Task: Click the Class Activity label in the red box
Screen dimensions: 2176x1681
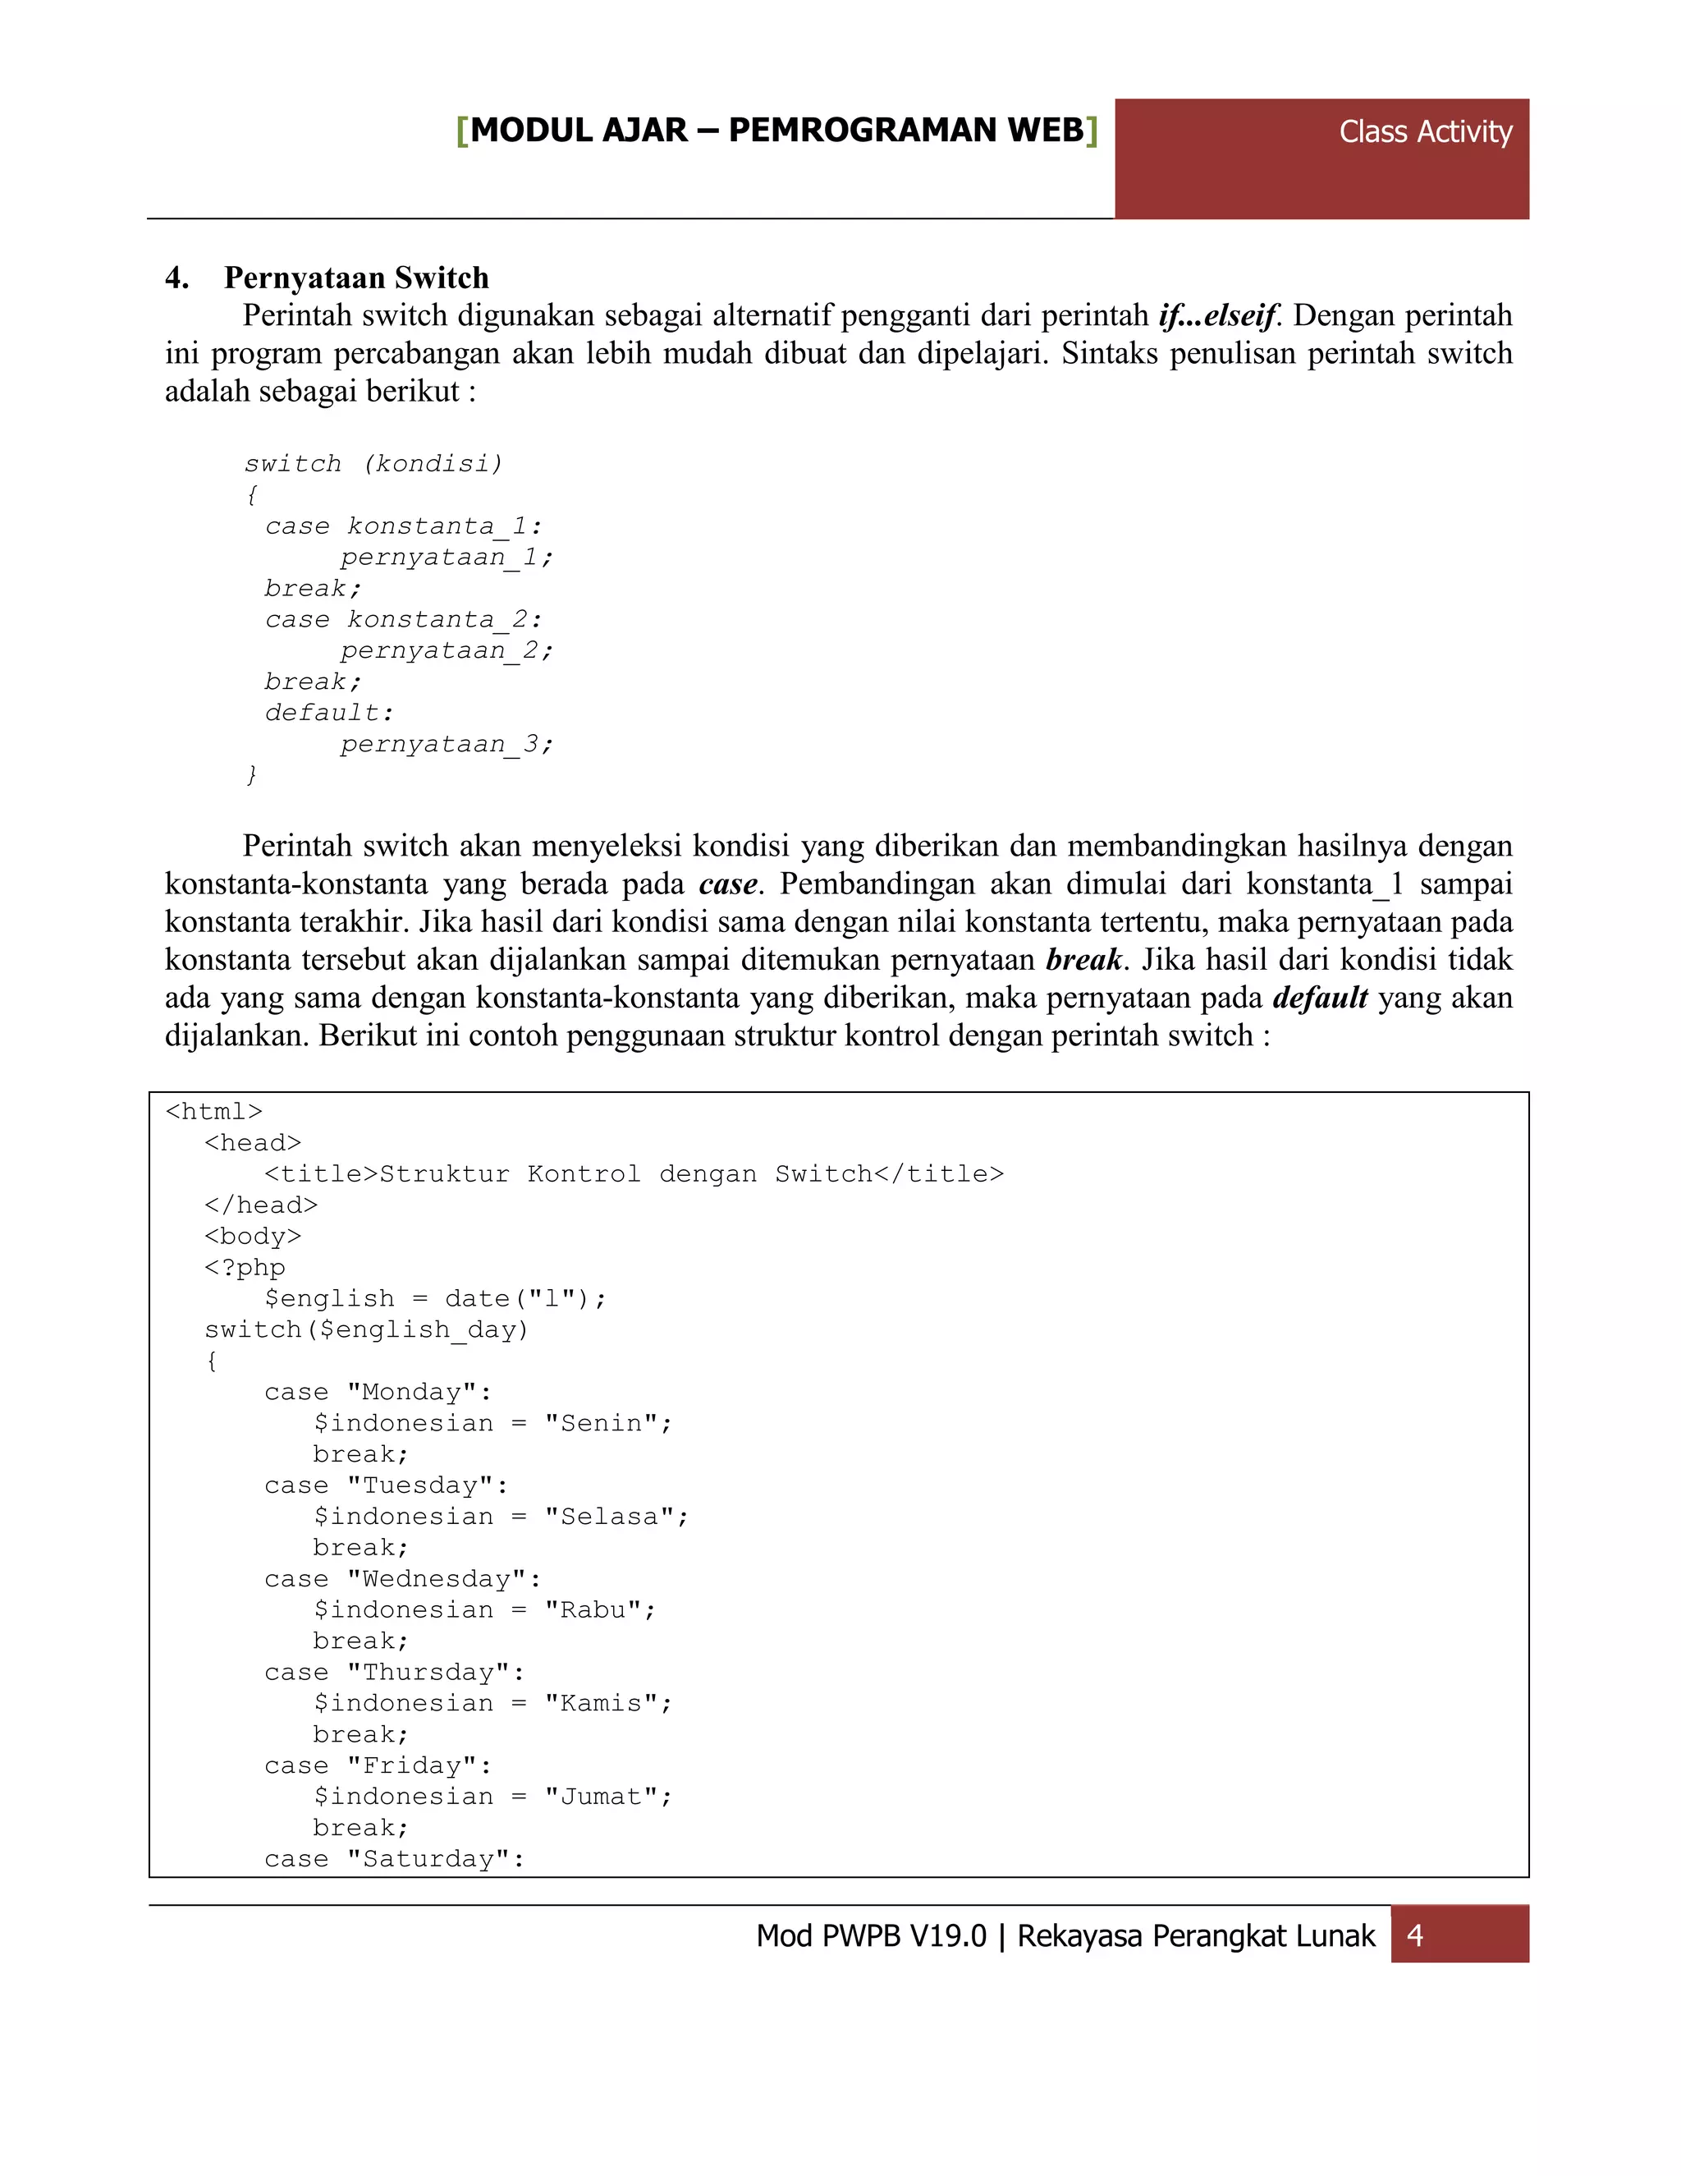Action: pos(1424,131)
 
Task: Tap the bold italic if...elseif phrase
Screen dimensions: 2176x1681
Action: pos(1217,316)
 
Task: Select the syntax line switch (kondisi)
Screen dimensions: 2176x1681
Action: pos(373,463)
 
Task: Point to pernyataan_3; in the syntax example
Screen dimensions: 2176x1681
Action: pos(447,743)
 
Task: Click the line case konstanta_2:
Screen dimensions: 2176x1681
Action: pos(403,619)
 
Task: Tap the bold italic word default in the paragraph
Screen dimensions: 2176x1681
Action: pos(1320,998)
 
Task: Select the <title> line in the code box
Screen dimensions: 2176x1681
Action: pos(634,1173)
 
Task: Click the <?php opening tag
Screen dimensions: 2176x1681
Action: pos(245,1267)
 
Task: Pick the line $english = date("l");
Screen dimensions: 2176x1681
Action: pos(435,1298)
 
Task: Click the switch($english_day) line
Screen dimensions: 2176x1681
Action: pos(366,1329)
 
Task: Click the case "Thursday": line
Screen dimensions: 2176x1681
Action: pos(394,1672)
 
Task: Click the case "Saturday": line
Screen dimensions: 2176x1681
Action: pos(394,1858)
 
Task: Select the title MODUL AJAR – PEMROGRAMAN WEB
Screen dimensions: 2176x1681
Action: pos(776,131)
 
